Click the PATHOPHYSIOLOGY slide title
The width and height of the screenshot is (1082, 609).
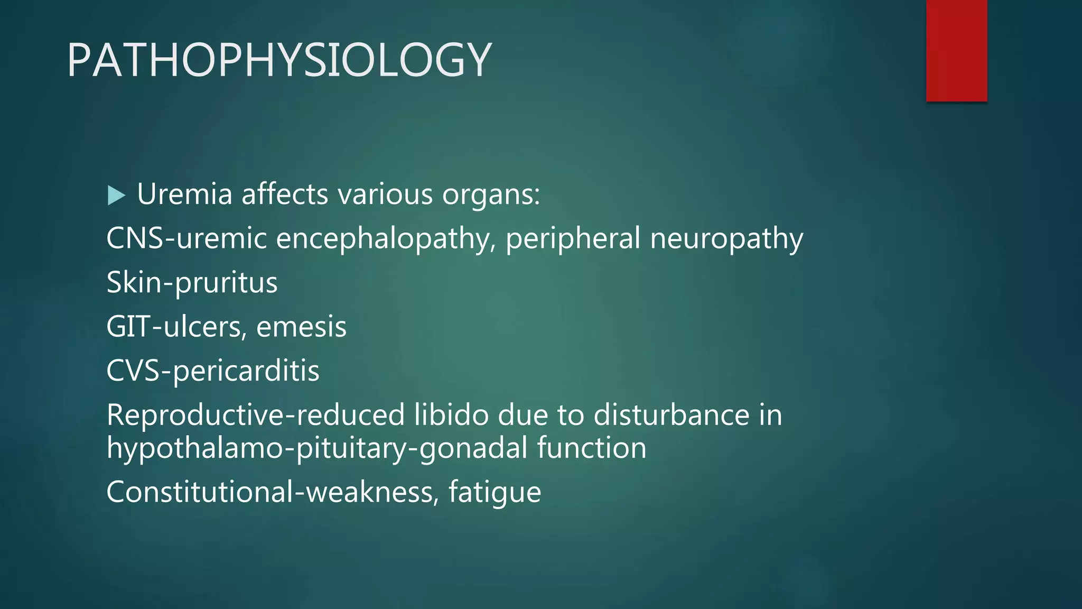(x=279, y=60)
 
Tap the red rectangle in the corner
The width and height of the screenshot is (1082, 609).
(x=956, y=51)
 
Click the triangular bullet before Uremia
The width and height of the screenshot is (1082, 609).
(x=116, y=195)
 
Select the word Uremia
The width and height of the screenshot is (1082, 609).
(x=184, y=194)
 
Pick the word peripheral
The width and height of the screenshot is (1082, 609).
(x=573, y=238)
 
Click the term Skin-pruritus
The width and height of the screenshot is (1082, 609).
(x=192, y=282)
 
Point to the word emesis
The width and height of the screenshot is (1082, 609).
(x=301, y=327)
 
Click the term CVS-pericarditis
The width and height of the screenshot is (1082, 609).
(x=212, y=371)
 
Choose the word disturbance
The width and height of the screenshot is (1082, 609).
(x=671, y=415)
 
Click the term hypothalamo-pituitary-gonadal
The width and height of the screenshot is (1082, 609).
(x=317, y=448)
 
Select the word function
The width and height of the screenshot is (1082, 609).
(x=592, y=448)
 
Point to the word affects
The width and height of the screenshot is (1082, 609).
(x=285, y=194)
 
